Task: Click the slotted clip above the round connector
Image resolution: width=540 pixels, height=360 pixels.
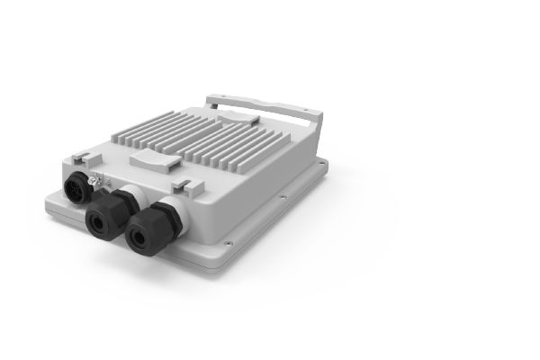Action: click(x=79, y=157)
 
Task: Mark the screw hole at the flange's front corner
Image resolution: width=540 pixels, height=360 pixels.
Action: click(x=227, y=242)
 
